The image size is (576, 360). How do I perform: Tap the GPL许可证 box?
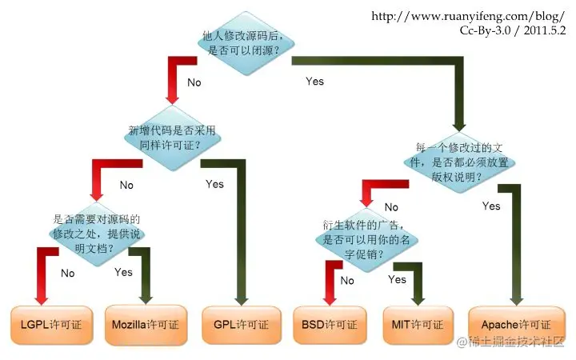[x=241, y=325]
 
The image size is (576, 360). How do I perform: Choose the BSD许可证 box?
[x=329, y=325]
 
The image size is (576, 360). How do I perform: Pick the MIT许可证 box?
[x=418, y=325]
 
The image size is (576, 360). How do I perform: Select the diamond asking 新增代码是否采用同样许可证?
[x=172, y=138]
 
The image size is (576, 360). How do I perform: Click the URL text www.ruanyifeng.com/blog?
[x=469, y=16]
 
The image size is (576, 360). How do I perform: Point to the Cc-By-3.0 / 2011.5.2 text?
[x=512, y=30]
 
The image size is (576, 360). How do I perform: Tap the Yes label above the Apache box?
[x=491, y=206]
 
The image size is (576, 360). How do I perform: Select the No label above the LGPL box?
[x=67, y=273]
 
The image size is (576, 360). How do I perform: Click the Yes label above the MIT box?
[x=397, y=279]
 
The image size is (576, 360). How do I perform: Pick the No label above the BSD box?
[x=346, y=280]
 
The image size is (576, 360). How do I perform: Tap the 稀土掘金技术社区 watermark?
[x=512, y=342]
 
